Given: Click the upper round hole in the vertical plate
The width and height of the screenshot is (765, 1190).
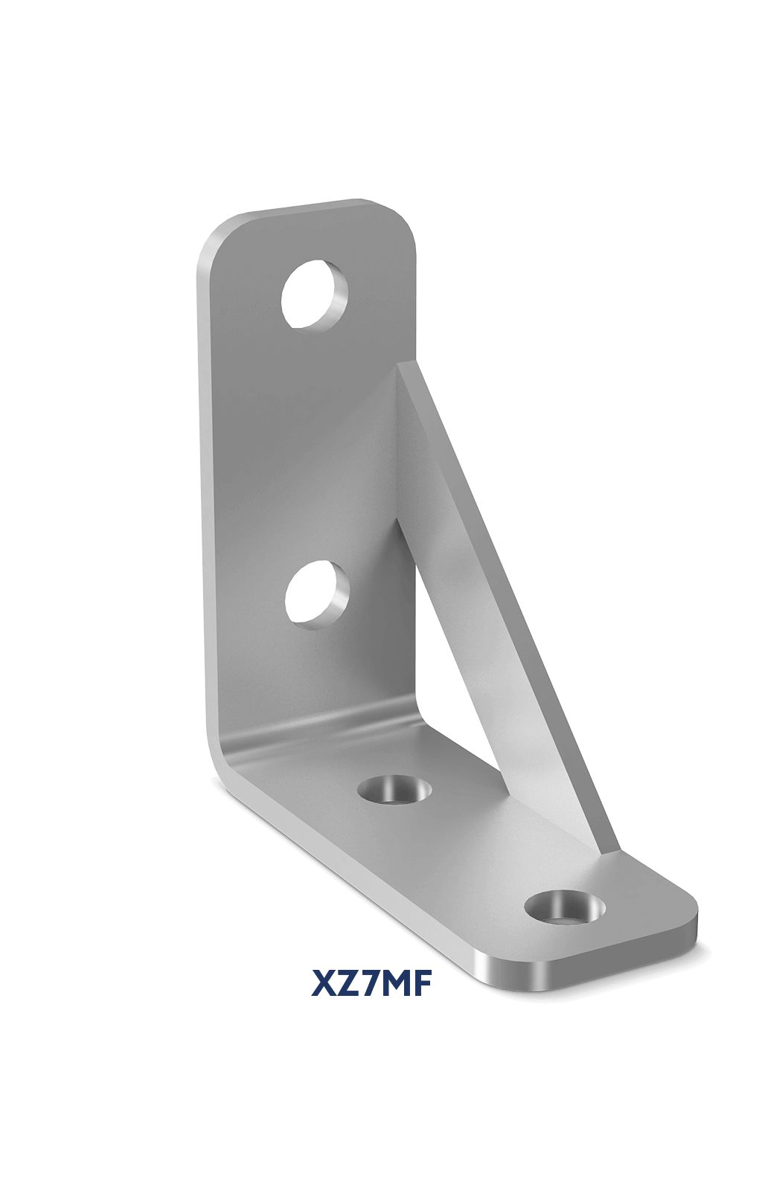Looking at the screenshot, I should pos(314,295).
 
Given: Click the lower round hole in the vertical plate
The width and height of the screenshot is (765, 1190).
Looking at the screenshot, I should pos(316,596).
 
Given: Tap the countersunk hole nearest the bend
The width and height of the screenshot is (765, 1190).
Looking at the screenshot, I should pos(395,789).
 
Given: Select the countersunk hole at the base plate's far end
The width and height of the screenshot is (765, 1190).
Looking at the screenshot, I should pos(563,907).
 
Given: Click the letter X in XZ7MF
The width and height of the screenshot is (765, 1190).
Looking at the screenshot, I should pos(325,983).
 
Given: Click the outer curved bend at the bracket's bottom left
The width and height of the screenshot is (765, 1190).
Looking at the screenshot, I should pos(223,759).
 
